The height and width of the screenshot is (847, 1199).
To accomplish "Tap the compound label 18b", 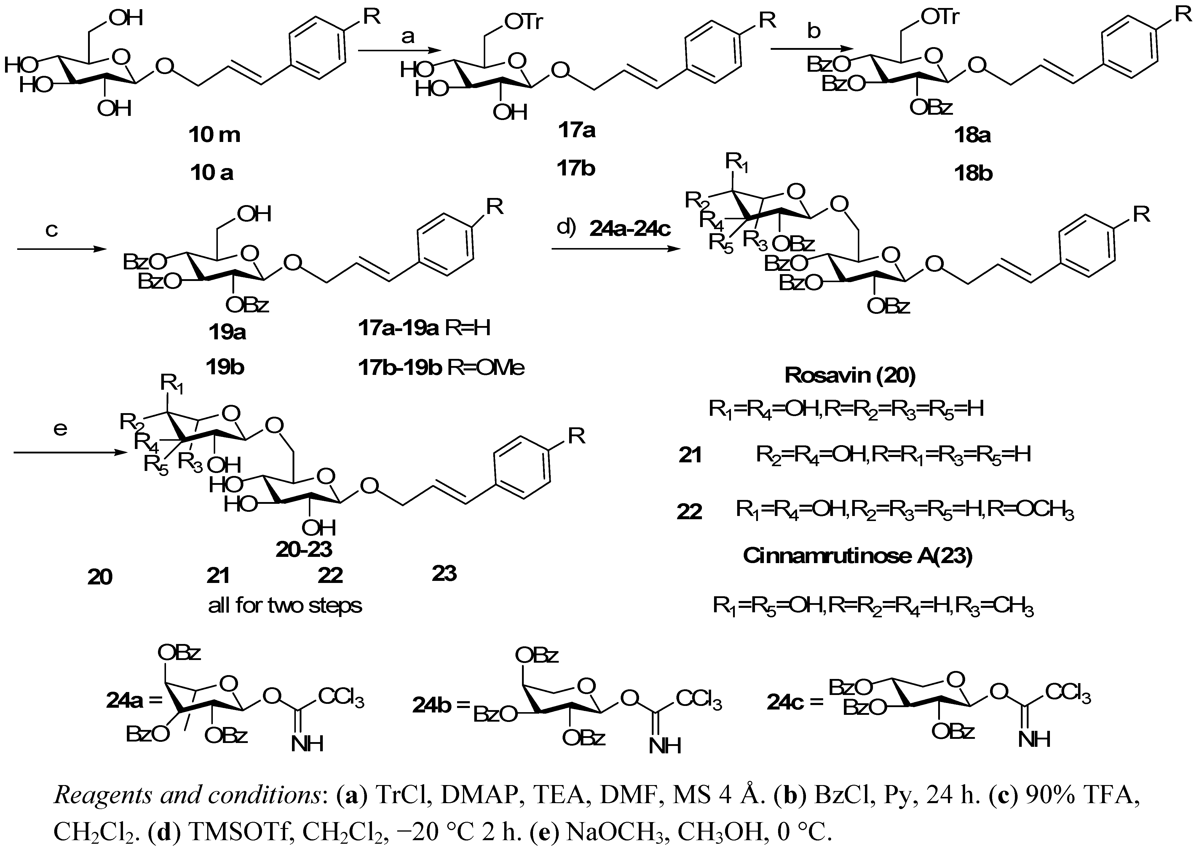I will pos(972,173).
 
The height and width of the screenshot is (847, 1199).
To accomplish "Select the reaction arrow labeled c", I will pos(58,250).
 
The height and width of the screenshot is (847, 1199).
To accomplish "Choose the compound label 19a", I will pos(226,332).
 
